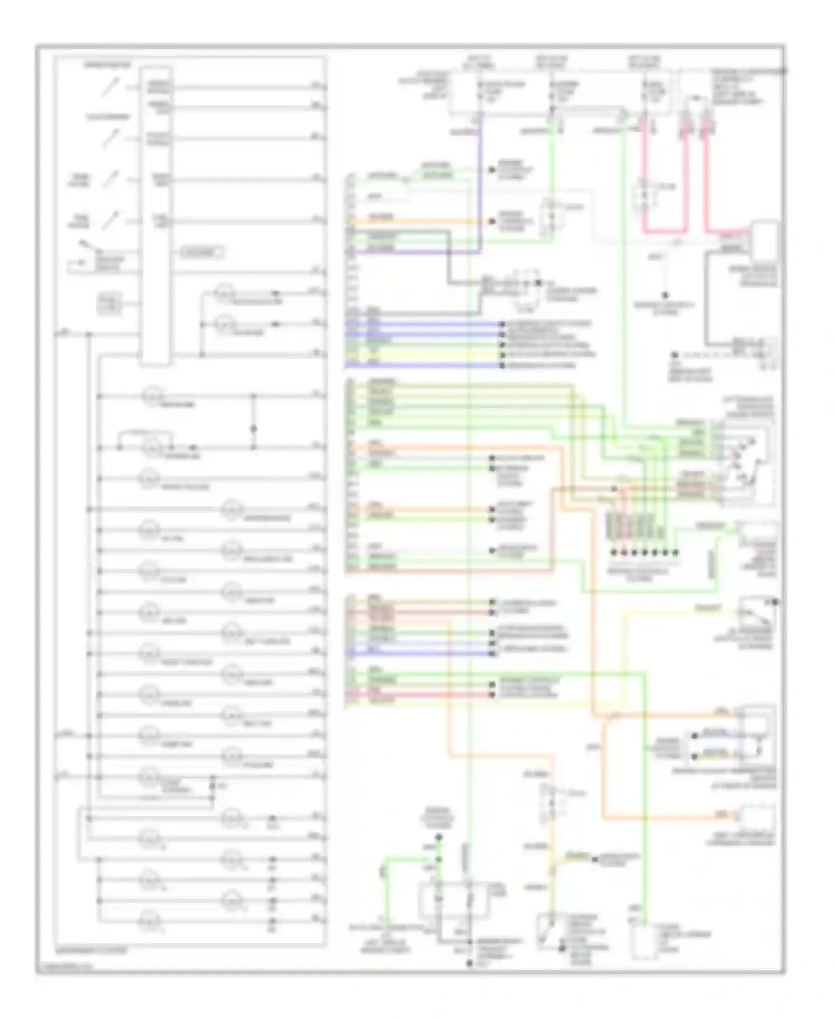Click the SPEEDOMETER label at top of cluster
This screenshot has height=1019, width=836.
click(x=108, y=65)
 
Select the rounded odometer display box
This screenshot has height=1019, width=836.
click(x=201, y=253)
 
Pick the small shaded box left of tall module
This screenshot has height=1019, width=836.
click(x=110, y=304)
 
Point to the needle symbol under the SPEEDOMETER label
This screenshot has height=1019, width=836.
click(x=110, y=88)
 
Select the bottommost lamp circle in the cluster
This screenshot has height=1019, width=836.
click(x=149, y=917)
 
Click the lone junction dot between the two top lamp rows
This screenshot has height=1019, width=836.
click(x=254, y=429)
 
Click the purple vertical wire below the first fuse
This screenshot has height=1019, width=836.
click(x=479, y=184)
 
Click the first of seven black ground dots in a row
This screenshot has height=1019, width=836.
click(x=614, y=552)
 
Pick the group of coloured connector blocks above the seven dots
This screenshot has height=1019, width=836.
click(x=641, y=527)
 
